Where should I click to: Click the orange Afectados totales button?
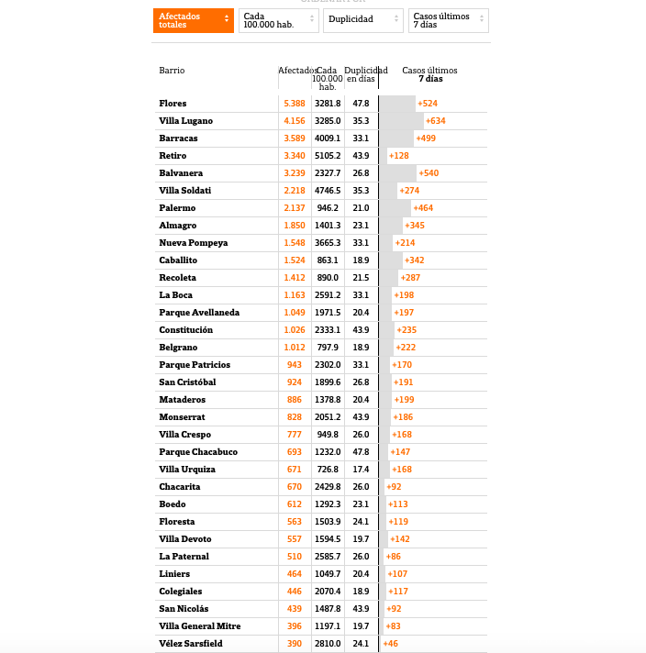point(193,20)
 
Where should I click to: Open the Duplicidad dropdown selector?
point(363,19)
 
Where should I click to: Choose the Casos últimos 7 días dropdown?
point(448,20)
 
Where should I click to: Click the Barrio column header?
point(172,71)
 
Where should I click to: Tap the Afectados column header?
point(297,71)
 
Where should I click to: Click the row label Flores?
point(173,104)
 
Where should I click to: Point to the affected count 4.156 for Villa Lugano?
point(295,121)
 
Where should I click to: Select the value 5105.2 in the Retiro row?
point(328,156)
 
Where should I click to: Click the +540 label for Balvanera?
point(429,173)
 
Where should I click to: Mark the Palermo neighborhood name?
point(177,208)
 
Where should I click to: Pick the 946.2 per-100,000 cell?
point(328,208)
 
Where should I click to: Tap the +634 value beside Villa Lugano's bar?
point(436,121)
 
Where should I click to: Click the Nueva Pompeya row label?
point(193,243)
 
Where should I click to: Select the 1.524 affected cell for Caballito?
point(295,260)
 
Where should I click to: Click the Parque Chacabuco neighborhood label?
point(198,452)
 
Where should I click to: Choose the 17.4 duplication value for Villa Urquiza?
point(361,470)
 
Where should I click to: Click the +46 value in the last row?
point(391,644)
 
